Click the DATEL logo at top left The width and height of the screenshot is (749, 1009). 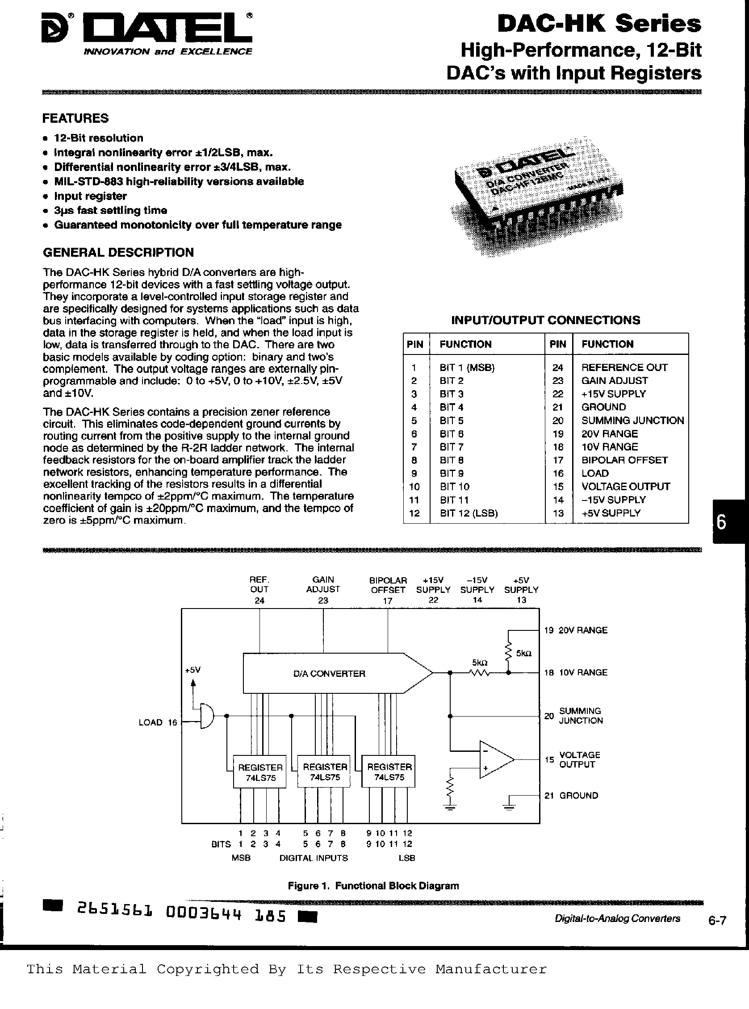pyautogui.click(x=146, y=31)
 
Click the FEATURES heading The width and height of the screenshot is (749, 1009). pyautogui.click(x=75, y=118)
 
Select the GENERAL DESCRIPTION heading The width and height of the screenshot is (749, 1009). pyautogui.click(x=118, y=253)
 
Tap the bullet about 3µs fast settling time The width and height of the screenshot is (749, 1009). pyautogui.click(x=110, y=210)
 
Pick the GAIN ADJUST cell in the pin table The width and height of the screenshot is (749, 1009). pyautogui.click(x=615, y=381)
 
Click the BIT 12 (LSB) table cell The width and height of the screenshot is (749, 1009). pyautogui.click(x=469, y=513)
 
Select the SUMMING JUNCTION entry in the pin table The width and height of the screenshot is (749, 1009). pyautogui.click(x=632, y=420)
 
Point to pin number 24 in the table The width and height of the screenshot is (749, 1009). pyautogui.click(x=558, y=367)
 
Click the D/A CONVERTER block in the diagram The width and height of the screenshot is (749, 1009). pyautogui.click(x=329, y=674)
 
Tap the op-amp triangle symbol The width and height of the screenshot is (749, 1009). pyautogui.click(x=495, y=760)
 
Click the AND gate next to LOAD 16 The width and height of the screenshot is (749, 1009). pyautogui.click(x=206, y=716)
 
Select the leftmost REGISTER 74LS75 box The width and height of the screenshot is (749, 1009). pyautogui.click(x=260, y=772)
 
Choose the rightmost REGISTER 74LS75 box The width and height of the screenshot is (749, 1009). pyautogui.click(x=389, y=772)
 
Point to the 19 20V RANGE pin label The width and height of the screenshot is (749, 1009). pyautogui.click(x=576, y=630)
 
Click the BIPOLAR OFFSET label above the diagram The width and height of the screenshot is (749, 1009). pyautogui.click(x=388, y=585)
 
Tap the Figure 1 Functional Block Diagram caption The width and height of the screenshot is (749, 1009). pyautogui.click(x=373, y=886)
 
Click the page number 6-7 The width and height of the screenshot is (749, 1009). pyautogui.click(x=717, y=921)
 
